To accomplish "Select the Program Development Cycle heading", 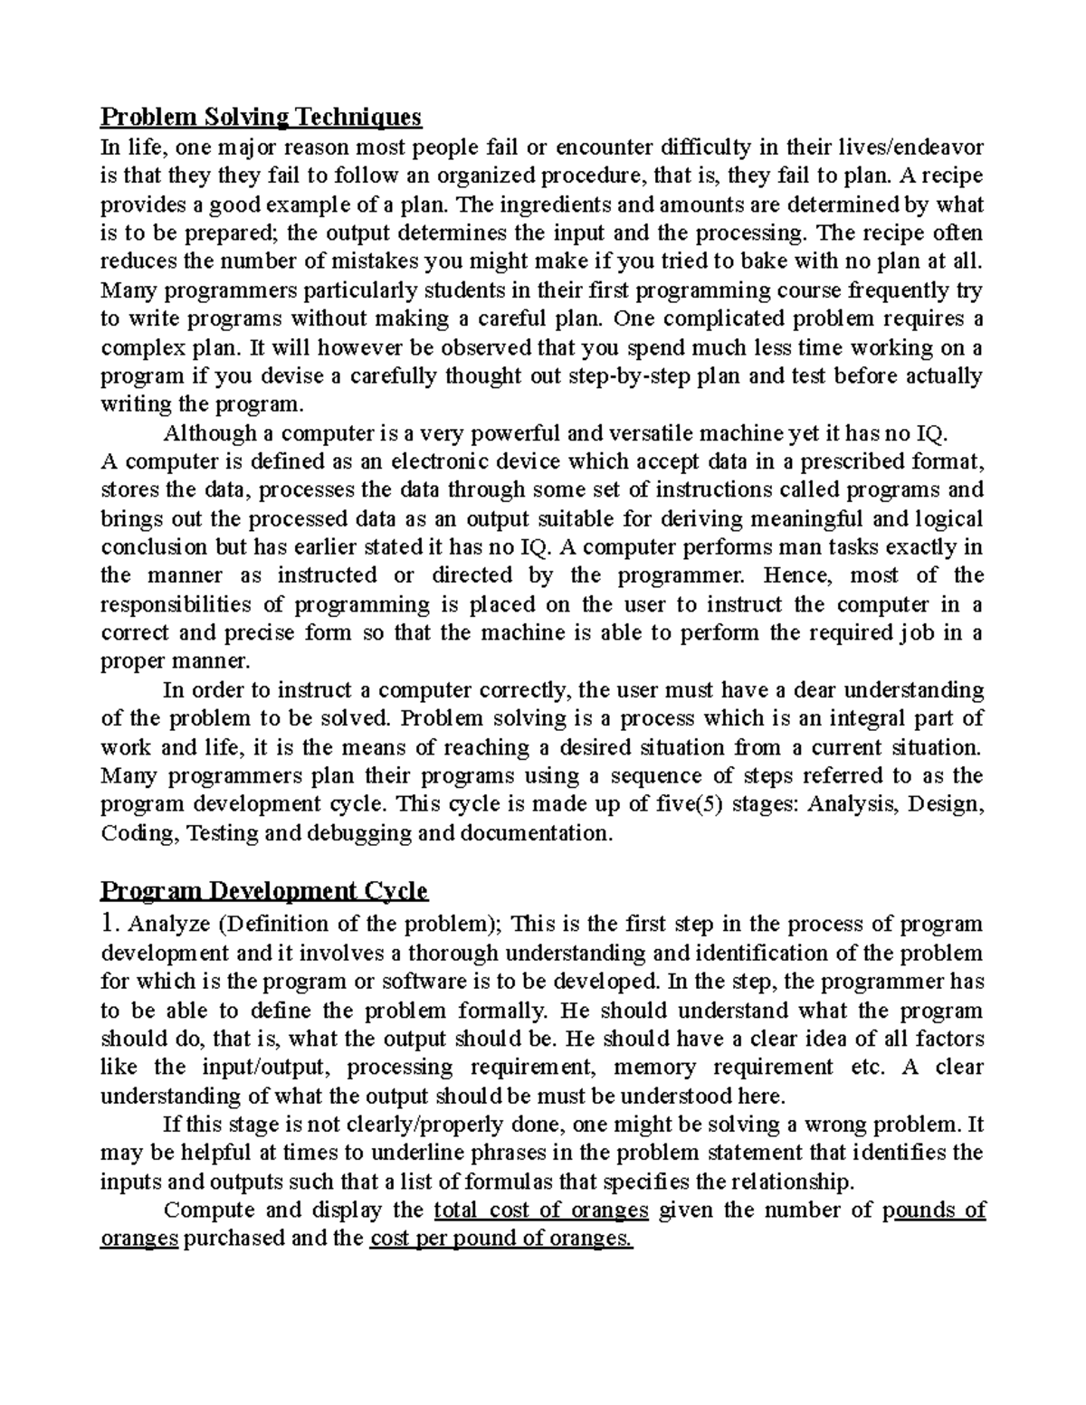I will click(263, 891).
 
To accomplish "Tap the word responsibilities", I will click(176, 604).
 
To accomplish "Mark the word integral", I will click(878, 719).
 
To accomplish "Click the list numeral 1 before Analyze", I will click(109, 924).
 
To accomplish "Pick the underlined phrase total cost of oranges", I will click(541, 1210).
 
